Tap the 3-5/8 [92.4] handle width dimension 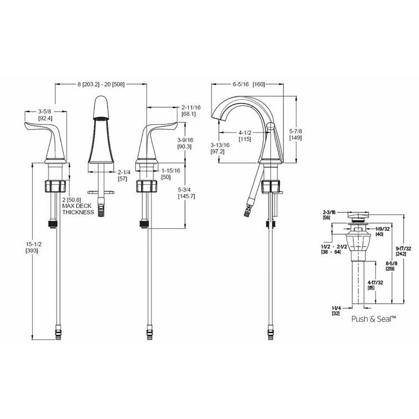point(45,114)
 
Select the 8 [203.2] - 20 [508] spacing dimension point(101,84)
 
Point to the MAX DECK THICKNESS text point(78,209)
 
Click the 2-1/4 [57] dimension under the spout point(124,176)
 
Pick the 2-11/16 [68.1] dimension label point(191,110)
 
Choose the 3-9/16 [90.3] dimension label point(184,143)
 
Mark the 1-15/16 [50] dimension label point(171,174)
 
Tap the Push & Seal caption point(373,319)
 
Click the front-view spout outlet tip point(100,118)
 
